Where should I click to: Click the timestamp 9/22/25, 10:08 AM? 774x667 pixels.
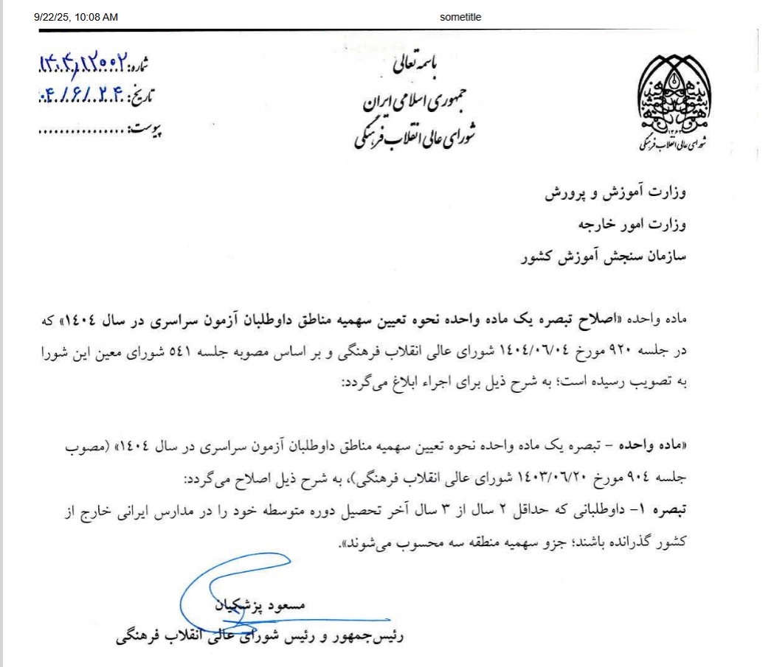coord(75,17)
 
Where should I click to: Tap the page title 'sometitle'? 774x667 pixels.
coord(460,17)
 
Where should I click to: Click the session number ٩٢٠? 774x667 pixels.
coord(654,352)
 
